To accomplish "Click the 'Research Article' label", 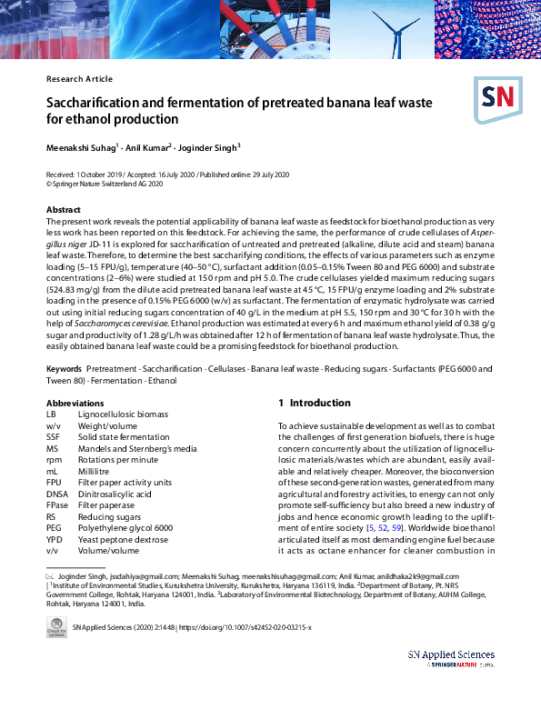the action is tap(79, 79).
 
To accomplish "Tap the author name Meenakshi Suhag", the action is tap(81, 147).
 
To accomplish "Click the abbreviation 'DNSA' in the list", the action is tap(57, 494).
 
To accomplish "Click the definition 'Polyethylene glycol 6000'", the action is tap(126, 528).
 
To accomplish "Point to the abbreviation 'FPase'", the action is tap(57, 505).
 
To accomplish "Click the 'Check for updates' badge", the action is tap(55, 628).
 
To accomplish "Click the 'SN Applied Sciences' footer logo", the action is tap(451, 658).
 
